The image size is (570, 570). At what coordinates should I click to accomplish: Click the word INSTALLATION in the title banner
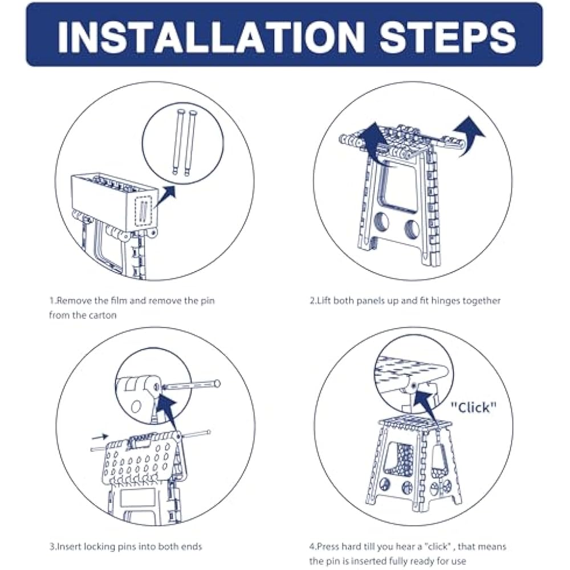[211, 36]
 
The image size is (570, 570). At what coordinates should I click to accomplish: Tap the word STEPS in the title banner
[448, 36]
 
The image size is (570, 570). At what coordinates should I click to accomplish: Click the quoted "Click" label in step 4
[473, 408]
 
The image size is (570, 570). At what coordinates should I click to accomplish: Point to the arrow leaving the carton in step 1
[165, 197]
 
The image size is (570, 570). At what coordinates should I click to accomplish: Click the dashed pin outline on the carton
[143, 211]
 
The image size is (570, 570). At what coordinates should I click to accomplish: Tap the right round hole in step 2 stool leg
[412, 229]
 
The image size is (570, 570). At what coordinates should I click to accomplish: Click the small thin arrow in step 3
[100, 436]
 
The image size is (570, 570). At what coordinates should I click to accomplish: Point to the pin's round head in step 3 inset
[217, 383]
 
